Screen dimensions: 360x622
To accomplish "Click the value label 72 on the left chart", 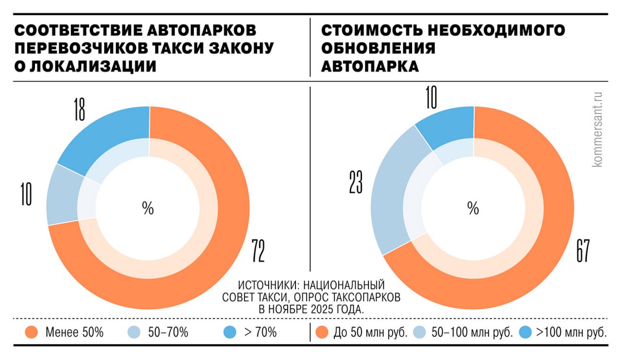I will pyautogui.click(x=258, y=251).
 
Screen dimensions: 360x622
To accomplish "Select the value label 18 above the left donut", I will pyautogui.click(x=80, y=109).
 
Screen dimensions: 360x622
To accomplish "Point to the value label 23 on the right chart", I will pyautogui.click(x=356, y=182).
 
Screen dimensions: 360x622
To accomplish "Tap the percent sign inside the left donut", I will pyautogui.click(x=148, y=208).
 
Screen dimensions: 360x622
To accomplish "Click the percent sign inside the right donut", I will pyautogui.click(x=473, y=208).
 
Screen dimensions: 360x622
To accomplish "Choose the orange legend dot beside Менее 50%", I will pyautogui.click(x=31, y=333).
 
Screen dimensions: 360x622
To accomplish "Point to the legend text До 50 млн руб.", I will pyautogui.click(x=370, y=333).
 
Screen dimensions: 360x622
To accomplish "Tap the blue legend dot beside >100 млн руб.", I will pyautogui.click(x=526, y=333).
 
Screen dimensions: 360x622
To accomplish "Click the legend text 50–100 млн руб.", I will pyautogui.click(x=472, y=333).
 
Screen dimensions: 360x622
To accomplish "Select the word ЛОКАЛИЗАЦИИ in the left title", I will pyautogui.click(x=92, y=66).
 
